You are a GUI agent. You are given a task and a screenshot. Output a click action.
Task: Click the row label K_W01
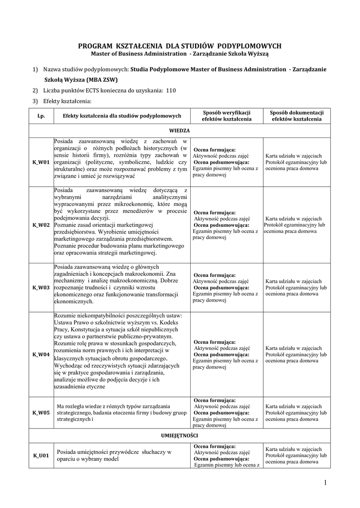(41, 162)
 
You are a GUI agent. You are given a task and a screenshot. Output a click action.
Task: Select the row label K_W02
(41, 225)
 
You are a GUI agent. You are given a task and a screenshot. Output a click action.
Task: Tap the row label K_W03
(41, 287)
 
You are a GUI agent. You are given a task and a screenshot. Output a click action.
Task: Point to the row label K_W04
(41, 354)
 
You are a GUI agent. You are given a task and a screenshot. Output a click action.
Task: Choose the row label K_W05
(41, 413)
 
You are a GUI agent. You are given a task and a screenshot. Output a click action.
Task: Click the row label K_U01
(41, 455)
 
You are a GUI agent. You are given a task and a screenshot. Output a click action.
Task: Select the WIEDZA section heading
(179, 130)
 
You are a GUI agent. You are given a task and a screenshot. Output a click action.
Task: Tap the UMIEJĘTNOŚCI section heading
(179, 435)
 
